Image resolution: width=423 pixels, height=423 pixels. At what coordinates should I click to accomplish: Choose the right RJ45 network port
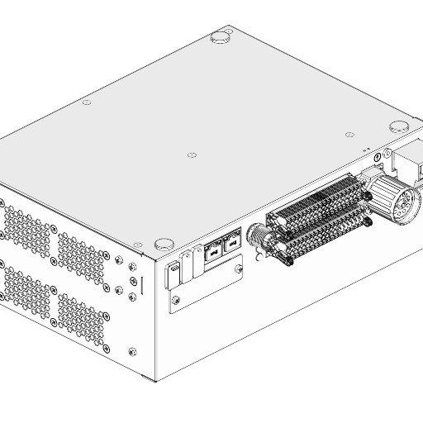231,243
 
